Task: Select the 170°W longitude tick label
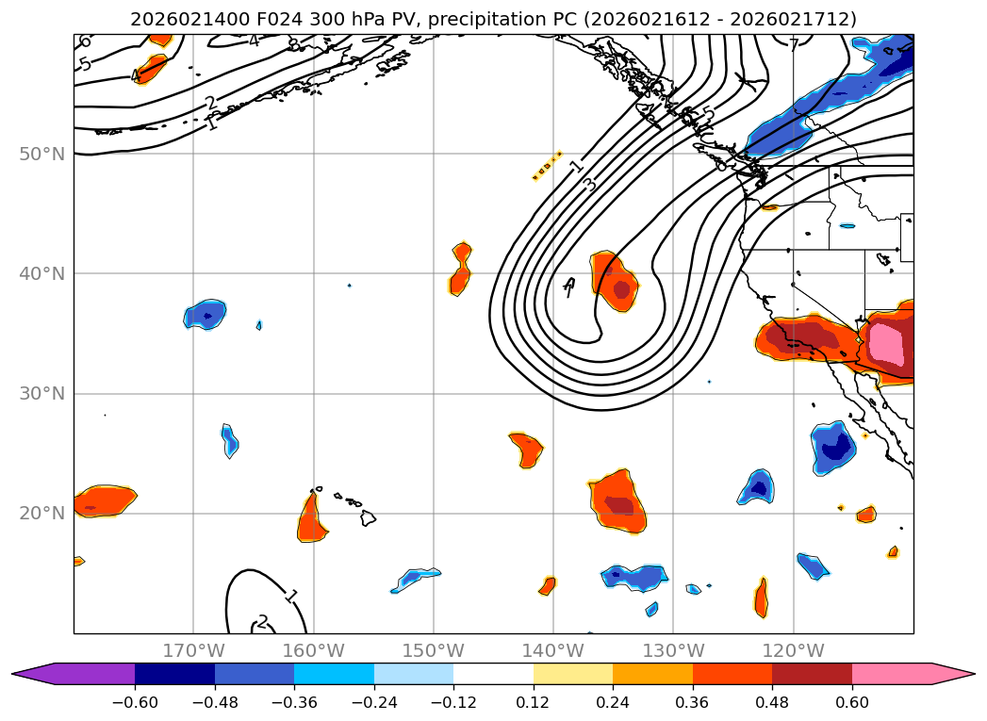(x=193, y=650)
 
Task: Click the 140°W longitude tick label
(x=553, y=650)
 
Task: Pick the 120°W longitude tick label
(x=793, y=650)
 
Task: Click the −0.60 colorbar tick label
(x=135, y=702)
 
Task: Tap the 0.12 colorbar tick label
(x=534, y=702)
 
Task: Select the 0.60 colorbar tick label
(x=852, y=702)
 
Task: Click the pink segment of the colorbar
(x=892, y=674)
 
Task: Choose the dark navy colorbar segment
(x=174, y=674)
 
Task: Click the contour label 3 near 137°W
(x=590, y=184)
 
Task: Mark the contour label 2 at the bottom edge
(x=262, y=621)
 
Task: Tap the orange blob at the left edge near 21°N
(x=104, y=500)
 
